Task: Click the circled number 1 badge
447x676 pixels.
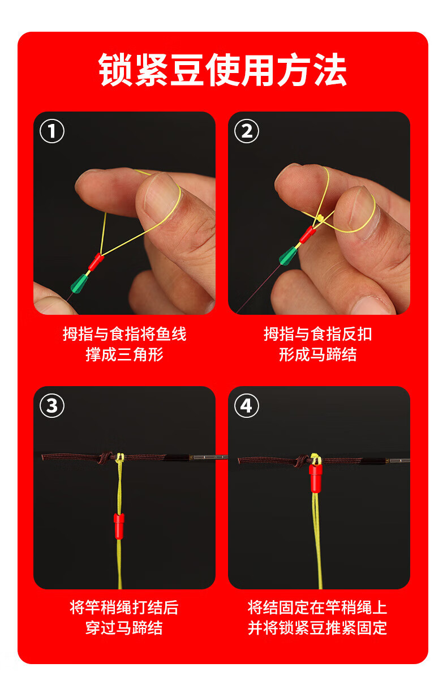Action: click(51, 131)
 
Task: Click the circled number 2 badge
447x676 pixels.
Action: click(246, 131)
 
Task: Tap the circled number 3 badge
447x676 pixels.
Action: click(51, 406)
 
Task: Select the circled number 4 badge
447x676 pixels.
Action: click(246, 406)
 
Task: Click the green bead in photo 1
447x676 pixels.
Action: click(79, 283)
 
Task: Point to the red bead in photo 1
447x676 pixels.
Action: click(96, 261)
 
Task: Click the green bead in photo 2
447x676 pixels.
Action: click(288, 256)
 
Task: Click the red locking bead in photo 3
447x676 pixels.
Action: click(119, 526)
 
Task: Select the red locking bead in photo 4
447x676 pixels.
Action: click(316, 478)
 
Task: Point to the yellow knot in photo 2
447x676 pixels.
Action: click(320, 219)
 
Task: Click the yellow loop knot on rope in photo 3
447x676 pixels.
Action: click(120, 459)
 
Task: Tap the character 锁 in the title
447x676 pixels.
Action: click(115, 70)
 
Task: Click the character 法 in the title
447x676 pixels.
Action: click(330, 70)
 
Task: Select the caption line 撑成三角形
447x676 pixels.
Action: click(124, 354)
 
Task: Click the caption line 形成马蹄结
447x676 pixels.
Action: click(317, 354)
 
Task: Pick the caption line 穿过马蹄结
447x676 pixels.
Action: click(124, 628)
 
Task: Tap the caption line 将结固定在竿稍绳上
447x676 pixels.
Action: click(317, 607)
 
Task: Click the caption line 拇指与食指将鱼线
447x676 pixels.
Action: click(124, 334)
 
